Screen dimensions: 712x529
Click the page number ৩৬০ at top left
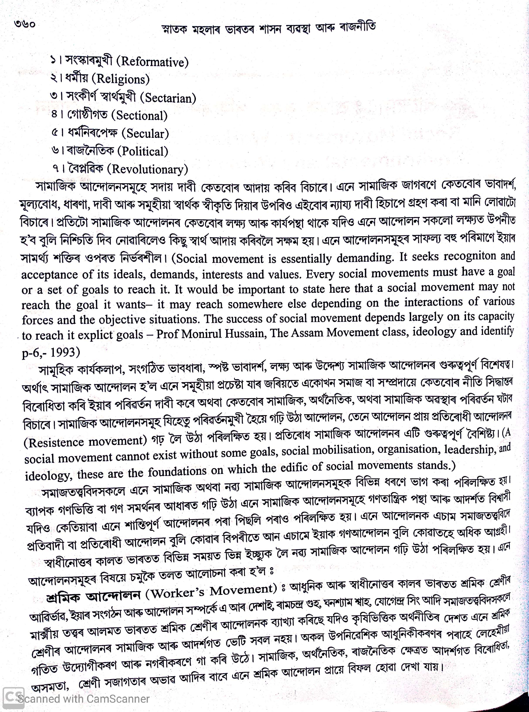24,24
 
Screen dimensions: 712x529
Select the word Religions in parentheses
123,79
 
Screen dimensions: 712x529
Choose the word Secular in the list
147,133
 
